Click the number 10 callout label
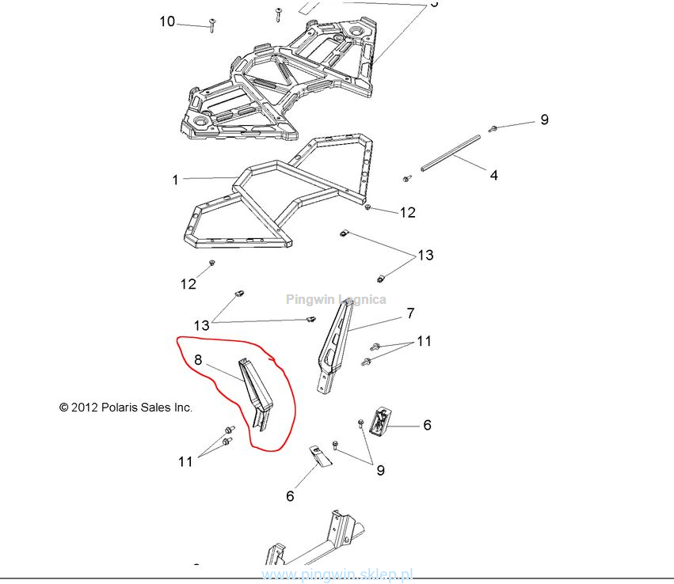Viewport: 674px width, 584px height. click(x=167, y=21)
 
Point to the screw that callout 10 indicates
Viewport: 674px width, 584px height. click(x=212, y=26)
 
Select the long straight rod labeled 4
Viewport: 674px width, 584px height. click(x=451, y=153)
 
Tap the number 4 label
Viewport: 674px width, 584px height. click(x=493, y=175)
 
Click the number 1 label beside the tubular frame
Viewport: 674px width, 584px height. click(x=175, y=180)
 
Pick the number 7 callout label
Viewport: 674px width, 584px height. click(x=410, y=313)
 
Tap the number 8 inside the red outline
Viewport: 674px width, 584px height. click(x=198, y=360)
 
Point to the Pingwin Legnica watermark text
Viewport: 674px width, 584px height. click(x=336, y=299)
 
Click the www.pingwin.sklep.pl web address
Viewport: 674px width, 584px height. click(x=337, y=575)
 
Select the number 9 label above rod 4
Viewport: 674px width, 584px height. click(x=544, y=119)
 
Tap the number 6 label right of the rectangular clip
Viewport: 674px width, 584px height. click(x=427, y=425)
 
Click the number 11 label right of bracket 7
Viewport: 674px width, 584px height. click(x=424, y=341)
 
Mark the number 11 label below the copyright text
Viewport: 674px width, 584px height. click(x=185, y=461)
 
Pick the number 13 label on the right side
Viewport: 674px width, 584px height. click(x=425, y=255)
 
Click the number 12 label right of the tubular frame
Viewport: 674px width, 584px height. click(x=407, y=212)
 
